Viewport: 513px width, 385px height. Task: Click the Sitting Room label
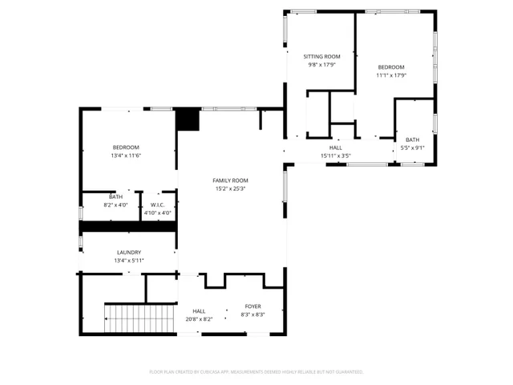(321, 56)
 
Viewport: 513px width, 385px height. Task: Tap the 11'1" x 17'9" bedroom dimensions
(391, 75)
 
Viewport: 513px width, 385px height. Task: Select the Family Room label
(230, 180)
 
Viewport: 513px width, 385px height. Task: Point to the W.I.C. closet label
(157, 205)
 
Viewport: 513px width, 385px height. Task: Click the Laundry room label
(128, 252)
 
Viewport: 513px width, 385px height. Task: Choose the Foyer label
(252, 306)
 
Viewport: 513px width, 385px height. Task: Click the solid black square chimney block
(188, 119)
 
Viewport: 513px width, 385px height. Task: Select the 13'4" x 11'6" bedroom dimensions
(126, 156)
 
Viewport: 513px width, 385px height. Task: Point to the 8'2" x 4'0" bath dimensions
(116, 205)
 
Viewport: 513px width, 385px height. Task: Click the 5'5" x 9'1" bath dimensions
(412, 148)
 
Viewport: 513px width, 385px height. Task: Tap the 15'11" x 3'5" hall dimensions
(336, 156)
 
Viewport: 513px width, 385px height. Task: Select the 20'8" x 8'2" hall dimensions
(199, 319)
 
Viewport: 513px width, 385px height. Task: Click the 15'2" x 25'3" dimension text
(230, 189)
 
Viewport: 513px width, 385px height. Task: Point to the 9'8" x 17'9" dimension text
(321, 65)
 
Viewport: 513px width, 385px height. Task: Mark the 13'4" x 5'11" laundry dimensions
(128, 261)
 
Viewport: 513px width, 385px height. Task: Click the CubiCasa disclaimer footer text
(256, 372)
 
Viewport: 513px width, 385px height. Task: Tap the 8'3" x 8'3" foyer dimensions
(252, 314)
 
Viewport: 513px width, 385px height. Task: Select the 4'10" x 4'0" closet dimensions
(157, 213)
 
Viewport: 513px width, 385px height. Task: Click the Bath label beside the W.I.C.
(116, 197)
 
